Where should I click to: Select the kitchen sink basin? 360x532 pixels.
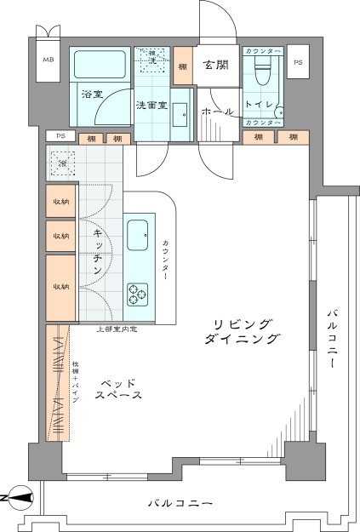[138, 235]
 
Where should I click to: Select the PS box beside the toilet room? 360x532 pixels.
[297, 62]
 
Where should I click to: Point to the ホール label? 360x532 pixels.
[217, 112]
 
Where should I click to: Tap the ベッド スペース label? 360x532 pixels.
[118, 390]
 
